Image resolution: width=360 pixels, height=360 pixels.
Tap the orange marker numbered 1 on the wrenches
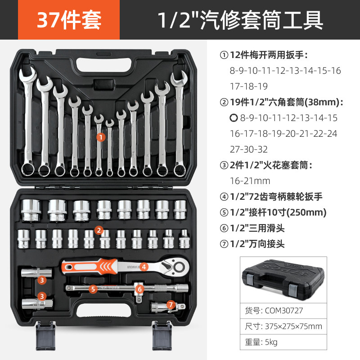pyautogui.click(x=101, y=135)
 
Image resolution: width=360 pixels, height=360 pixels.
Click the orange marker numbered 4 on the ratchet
pyautogui.click(x=144, y=266)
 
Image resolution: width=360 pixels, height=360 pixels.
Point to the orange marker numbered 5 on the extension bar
pyautogui.click(x=93, y=289)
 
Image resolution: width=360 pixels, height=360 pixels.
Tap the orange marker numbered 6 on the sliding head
pyautogui.click(x=139, y=289)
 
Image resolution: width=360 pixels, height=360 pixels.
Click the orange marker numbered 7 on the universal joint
pyautogui.click(x=170, y=305)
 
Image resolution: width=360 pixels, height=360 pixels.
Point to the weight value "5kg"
pyautogui.click(x=270, y=342)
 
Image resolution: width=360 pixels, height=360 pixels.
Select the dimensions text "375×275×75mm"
pyautogui.click(x=293, y=326)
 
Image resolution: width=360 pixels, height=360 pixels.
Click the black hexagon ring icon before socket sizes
pyautogui.click(x=233, y=118)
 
